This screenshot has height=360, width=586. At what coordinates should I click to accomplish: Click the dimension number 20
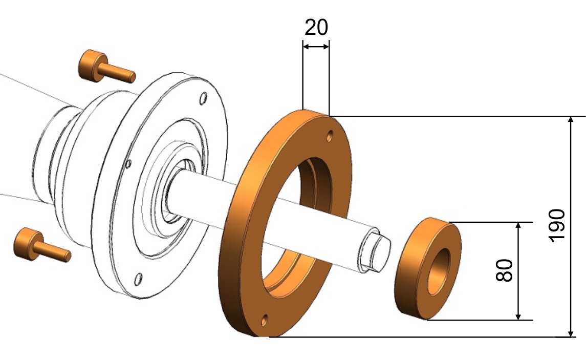[316, 27]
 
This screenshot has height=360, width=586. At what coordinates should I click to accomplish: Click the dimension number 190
[557, 225]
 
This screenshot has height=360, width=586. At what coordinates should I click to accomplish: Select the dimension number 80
[505, 270]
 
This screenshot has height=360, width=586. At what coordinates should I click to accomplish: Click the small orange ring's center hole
[439, 271]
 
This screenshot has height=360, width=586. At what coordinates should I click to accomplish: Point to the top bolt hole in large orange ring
[329, 136]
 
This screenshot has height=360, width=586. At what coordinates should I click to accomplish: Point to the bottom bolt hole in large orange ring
[264, 320]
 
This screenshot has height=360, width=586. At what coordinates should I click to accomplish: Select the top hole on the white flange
[203, 99]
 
